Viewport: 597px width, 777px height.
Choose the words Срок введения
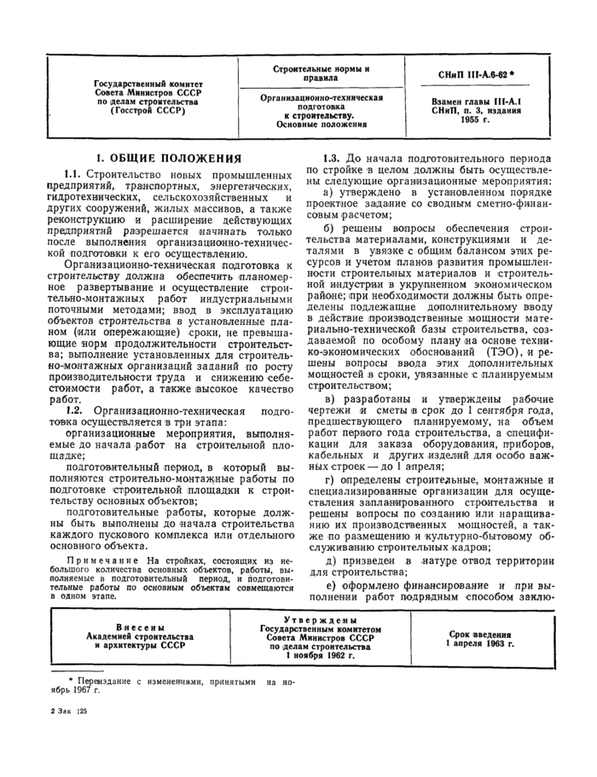pos(480,635)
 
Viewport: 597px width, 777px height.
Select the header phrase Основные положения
pos(321,125)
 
